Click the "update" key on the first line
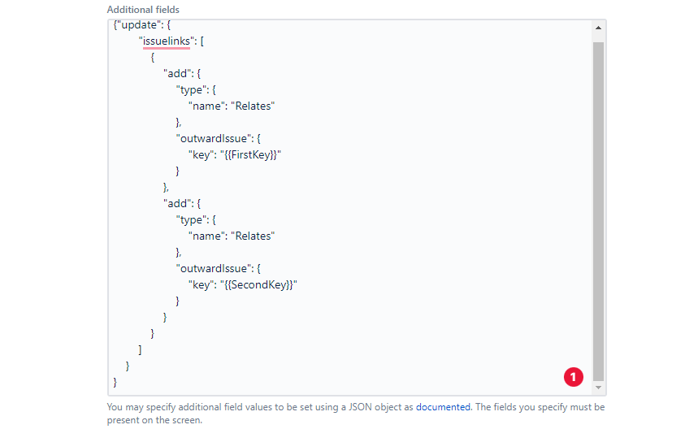[x=137, y=25]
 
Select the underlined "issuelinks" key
[x=164, y=41]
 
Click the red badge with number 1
[x=574, y=376]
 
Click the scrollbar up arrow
[x=599, y=28]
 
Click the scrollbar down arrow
[x=599, y=388]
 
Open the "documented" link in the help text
[x=443, y=407]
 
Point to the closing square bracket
[x=140, y=349]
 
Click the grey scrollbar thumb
[x=599, y=203]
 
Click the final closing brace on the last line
[x=115, y=382]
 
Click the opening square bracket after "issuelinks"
[x=202, y=41]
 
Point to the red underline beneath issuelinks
[x=164, y=48]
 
